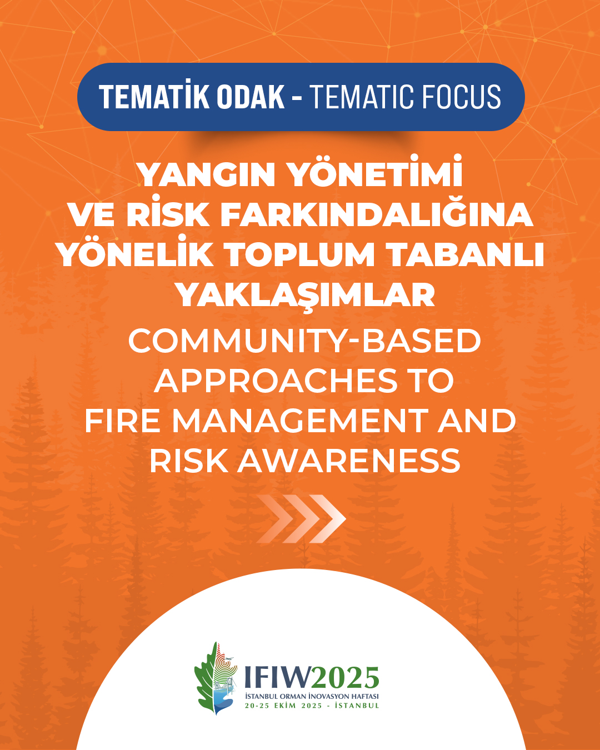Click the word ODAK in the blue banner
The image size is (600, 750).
[250, 97]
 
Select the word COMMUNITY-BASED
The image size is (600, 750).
[304, 341]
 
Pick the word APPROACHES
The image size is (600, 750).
[276, 381]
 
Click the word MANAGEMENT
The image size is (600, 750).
[300, 421]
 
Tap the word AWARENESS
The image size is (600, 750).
[349, 461]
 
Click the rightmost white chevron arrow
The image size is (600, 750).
[327, 518]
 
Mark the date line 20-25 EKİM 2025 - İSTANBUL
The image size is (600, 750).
[312, 706]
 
